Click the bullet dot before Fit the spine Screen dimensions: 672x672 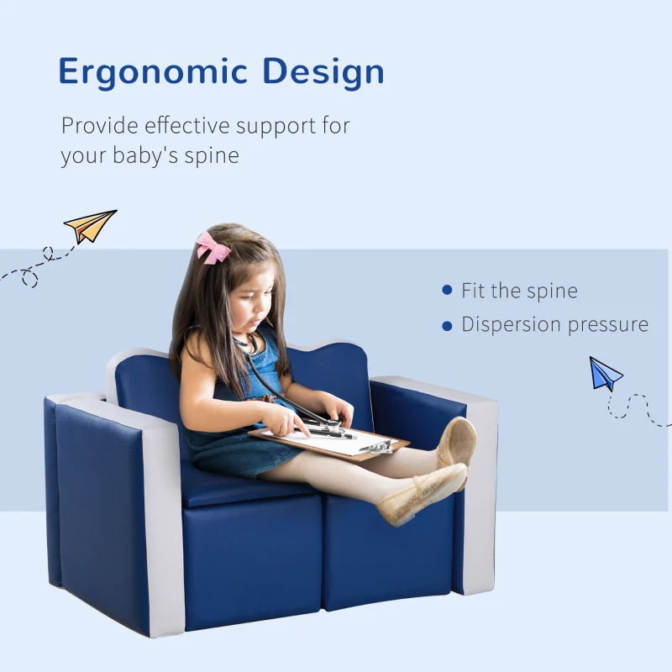[x=447, y=291]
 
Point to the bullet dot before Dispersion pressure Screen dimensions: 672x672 [x=447, y=325]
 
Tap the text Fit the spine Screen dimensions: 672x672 [x=519, y=291]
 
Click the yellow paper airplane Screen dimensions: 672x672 [x=90, y=225]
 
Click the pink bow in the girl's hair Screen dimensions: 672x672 [x=213, y=247]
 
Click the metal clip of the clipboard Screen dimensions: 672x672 [x=378, y=446]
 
